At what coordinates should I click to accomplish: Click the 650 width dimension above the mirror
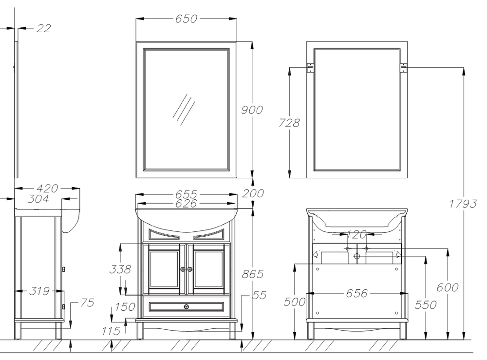pyautogui.click(x=186, y=19)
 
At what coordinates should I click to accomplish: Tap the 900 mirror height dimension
pyautogui.click(x=252, y=110)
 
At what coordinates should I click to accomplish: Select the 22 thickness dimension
pyautogui.click(x=43, y=28)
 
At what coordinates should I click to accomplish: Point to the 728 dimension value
pyautogui.click(x=289, y=123)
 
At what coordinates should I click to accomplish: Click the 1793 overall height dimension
pyautogui.click(x=463, y=204)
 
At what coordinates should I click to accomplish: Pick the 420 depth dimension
pyautogui.click(x=47, y=188)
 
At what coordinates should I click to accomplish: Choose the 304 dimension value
pyautogui.click(x=38, y=199)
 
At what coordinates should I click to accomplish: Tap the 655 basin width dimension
pyautogui.click(x=186, y=194)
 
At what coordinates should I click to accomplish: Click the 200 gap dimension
pyautogui.click(x=253, y=193)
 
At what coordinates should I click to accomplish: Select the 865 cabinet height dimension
pyautogui.click(x=253, y=274)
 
